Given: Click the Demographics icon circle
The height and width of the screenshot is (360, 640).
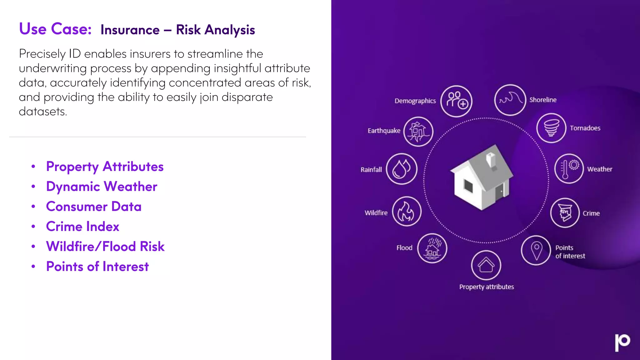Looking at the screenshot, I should coord(456,101).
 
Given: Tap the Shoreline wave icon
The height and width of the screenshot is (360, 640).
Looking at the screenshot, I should coord(510,100).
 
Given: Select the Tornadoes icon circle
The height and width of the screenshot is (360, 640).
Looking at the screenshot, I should coord(551,128).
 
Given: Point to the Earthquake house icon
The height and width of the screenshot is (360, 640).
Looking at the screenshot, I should coord(418,132).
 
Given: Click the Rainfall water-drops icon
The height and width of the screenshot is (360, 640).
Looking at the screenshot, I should coord(402,169).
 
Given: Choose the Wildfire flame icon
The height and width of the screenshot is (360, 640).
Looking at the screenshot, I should coord(407,212).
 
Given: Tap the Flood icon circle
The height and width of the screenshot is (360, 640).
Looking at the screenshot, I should coord(432,248).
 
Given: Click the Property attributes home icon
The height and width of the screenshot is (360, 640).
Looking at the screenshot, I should coord(486,265).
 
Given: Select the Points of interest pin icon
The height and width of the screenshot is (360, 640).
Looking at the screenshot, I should coord(536,250).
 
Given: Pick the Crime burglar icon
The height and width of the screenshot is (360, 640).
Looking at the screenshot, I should coord(565,213).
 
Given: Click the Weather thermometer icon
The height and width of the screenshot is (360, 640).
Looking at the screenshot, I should coord(569,169).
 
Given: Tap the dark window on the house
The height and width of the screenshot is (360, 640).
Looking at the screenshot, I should coord(468,187).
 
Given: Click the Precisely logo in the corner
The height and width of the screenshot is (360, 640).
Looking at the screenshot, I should coord(622,342).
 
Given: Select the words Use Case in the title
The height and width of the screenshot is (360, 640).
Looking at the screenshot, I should coord(55,29).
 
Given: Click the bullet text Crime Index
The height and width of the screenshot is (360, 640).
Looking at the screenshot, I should coord(82,227).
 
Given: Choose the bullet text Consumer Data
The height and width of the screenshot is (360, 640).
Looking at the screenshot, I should coord(94,207).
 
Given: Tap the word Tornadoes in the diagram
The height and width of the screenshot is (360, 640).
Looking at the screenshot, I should coord(585,128).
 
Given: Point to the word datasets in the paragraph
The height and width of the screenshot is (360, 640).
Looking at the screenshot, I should coord(43,112).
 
